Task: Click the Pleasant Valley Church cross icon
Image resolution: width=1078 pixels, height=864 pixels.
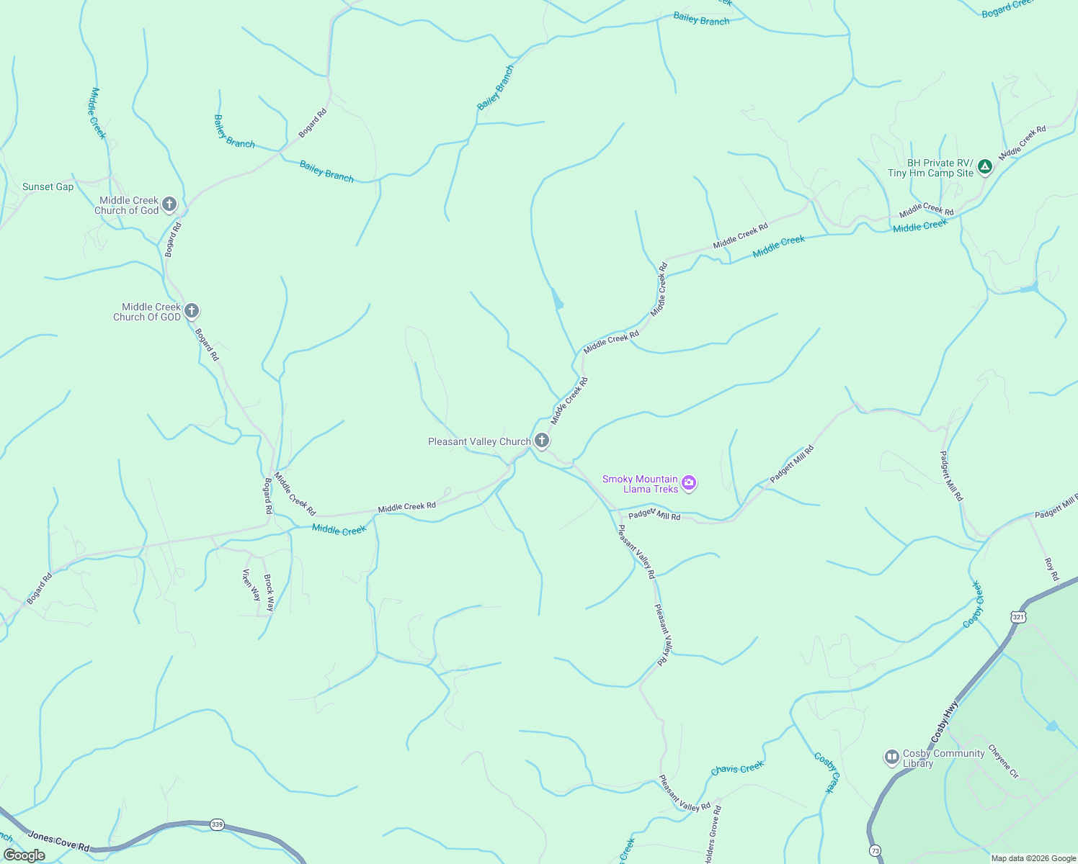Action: tap(542, 441)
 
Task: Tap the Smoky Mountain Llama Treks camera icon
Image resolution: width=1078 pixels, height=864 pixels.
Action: tap(689, 483)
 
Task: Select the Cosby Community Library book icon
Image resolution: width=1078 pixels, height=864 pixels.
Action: tap(892, 757)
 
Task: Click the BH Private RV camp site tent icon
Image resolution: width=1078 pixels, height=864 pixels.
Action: tap(985, 167)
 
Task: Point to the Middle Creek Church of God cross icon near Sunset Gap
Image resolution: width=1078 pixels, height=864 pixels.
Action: tap(169, 204)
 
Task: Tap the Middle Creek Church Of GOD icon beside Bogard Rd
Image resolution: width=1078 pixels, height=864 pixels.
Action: tap(191, 311)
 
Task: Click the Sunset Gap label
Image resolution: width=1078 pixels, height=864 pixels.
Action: tap(48, 187)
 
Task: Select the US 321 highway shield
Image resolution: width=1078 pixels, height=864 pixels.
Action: tap(1017, 617)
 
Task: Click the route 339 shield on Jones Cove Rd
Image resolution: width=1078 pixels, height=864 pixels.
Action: tap(217, 824)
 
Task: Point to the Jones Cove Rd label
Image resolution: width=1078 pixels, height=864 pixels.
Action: tap(58, 840)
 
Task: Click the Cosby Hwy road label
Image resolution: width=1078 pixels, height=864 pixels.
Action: tap(945, 721)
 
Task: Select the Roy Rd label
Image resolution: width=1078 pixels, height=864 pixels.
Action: tap(1052, 569)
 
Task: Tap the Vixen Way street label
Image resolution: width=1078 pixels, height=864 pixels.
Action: tap(251, 585)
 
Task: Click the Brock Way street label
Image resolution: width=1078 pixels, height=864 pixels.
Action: tap(269, 593)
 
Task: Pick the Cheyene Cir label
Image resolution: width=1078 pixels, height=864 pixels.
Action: tap(1003, 761)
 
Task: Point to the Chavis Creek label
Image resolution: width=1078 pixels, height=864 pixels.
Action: tap(736, 769)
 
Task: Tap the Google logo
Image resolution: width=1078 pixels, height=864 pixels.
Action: tap(24, 855)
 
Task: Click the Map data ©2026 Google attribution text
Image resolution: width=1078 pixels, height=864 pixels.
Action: tap(1033, 858)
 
